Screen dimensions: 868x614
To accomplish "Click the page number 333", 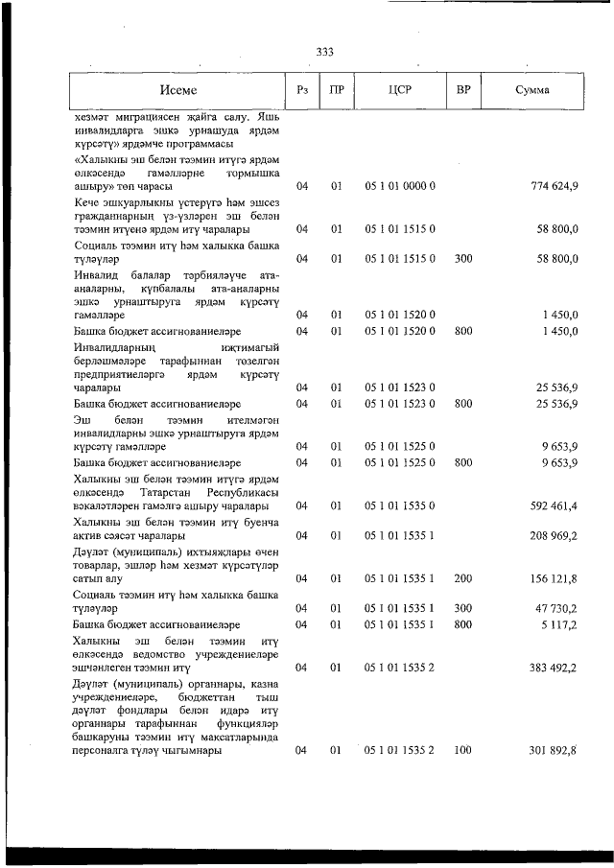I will [x=322, y=53].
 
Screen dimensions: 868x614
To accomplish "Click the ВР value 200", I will [x=463, y=578].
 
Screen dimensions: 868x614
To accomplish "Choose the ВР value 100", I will [x=463, y=751].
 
